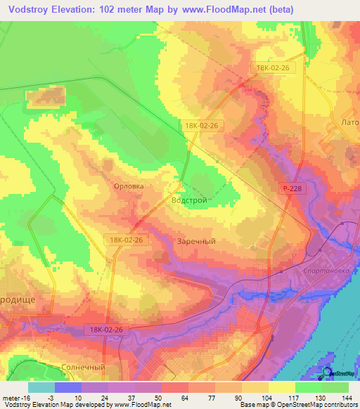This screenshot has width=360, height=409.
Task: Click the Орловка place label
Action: point(129,186)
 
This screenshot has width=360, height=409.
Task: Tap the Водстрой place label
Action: point(189,200)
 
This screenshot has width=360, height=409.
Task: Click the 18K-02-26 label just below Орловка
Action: point(127,240)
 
